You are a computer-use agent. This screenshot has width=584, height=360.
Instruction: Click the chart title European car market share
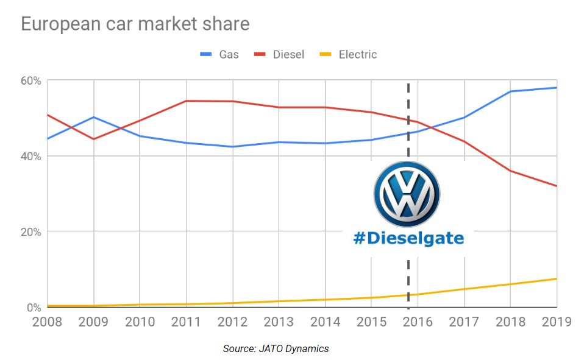[135, 24]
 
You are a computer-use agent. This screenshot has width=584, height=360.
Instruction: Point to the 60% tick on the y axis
[31, 81]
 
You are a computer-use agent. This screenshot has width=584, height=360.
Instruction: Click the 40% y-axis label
[31, 157]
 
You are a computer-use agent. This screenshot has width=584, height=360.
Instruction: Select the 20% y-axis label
[31, 232]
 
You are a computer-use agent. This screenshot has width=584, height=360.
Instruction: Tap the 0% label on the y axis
[34, 308]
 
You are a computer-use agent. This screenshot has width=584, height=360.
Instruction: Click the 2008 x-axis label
[48, 322]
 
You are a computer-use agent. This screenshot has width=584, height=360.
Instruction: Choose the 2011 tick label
[186, 322]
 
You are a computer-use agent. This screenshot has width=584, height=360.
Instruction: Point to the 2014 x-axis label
[325, 322]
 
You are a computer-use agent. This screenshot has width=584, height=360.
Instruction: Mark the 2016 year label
[418, 322]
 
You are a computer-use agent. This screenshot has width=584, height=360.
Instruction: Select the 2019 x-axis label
[555, 322]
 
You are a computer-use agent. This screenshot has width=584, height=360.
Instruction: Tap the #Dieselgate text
[408, 239]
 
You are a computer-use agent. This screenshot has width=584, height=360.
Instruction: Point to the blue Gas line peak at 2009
[93, 117]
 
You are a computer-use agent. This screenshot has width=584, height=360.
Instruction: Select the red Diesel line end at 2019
[556, 186]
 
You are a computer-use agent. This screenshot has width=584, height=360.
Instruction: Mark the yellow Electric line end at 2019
[556, 279]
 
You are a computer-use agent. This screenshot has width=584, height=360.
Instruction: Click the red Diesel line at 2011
[186, 101]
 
